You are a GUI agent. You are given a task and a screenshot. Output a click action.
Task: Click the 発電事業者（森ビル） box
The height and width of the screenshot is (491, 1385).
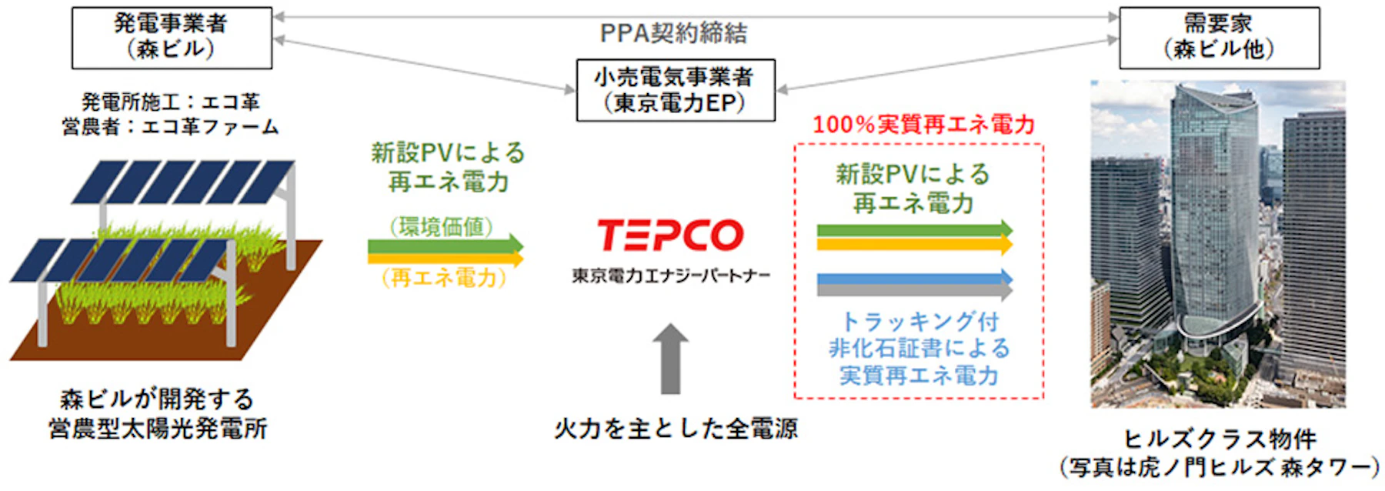(172, 38)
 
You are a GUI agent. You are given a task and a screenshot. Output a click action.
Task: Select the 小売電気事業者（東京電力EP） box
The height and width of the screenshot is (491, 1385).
(676, 90)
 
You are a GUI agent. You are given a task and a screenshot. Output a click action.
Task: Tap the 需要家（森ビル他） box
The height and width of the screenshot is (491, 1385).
(1219, 38)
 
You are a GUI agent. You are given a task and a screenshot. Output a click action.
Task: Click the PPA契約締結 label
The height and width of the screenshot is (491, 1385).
(673, 33)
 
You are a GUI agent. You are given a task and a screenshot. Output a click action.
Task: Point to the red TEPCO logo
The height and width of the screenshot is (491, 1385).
(670, 235)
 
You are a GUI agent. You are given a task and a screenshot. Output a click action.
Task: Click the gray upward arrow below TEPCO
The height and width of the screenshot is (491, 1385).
(670, 359)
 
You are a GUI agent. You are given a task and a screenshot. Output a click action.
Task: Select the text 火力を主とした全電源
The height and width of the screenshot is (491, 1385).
(676, 429)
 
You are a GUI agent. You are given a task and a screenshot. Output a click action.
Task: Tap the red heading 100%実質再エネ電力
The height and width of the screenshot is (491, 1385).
(923, 125)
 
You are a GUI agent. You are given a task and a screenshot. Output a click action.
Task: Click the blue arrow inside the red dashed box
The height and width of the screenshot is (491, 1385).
(914, 278)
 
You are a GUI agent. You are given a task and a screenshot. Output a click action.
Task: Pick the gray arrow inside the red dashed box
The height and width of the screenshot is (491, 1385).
(914, 291)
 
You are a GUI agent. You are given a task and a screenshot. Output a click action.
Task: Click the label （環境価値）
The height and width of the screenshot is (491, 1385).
(441, 226)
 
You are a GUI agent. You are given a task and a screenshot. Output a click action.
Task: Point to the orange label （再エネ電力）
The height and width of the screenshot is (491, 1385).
(444, 277)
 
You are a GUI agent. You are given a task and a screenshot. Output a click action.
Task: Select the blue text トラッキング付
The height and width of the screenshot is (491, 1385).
(919, 321)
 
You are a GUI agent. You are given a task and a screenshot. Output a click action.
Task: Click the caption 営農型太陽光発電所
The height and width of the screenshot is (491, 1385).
(158, 429)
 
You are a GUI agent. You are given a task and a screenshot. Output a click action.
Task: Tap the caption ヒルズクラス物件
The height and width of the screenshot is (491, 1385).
(1220, 439)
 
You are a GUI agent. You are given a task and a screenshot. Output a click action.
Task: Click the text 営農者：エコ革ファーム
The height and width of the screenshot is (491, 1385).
(170, 126)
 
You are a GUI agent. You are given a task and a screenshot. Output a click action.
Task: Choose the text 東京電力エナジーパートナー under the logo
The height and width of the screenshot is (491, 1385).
(670, 276)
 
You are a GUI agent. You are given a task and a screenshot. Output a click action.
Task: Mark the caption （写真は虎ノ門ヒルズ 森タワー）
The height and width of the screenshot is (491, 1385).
(1220, 467)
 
